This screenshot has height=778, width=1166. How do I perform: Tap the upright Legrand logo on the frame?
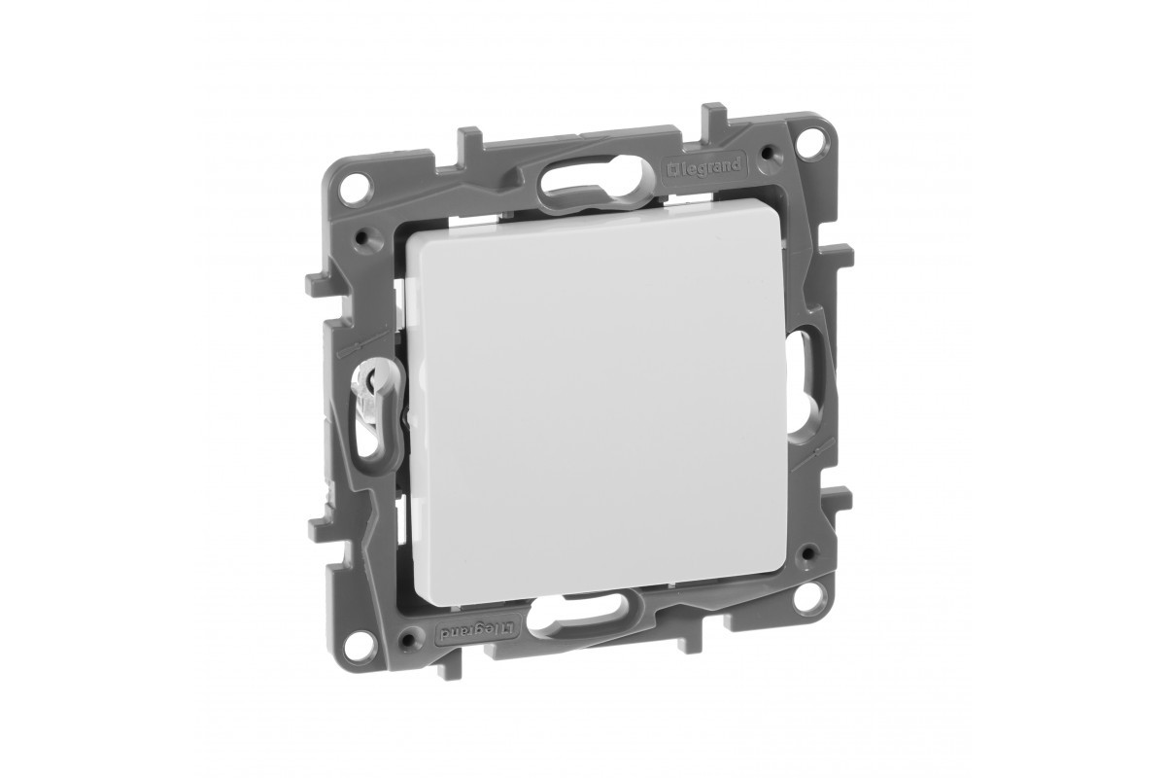coord(703,166)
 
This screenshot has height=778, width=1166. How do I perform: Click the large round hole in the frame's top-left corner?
coord(359,187)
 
